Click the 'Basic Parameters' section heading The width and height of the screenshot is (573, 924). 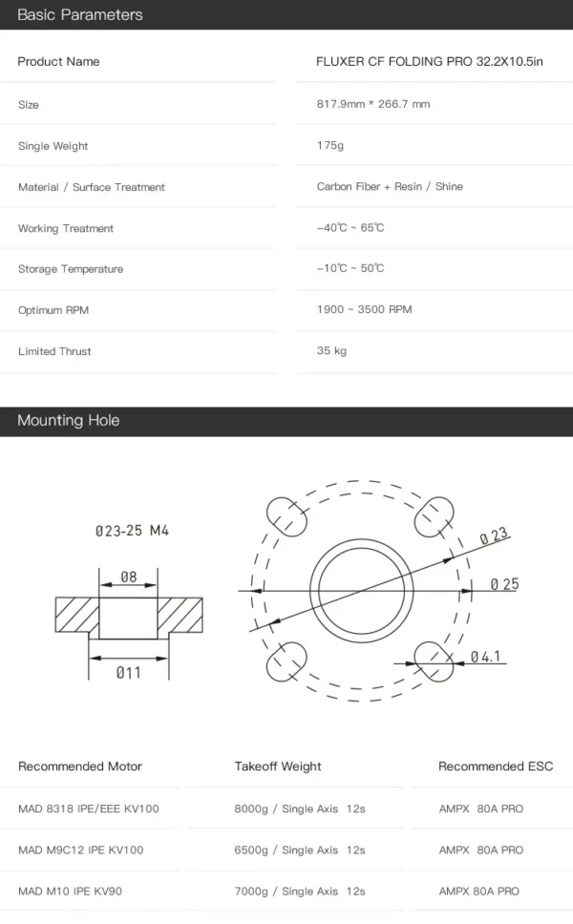80,14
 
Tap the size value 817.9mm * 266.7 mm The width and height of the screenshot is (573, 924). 373,104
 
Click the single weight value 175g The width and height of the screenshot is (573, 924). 330,145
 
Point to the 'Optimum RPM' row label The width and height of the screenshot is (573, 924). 53,310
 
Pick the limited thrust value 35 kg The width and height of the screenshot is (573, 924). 331,350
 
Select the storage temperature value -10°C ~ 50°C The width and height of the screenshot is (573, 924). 350,268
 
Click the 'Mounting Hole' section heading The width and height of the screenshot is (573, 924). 69,420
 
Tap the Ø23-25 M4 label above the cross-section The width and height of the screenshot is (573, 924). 132,531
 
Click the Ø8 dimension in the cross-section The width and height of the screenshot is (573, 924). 129,577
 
